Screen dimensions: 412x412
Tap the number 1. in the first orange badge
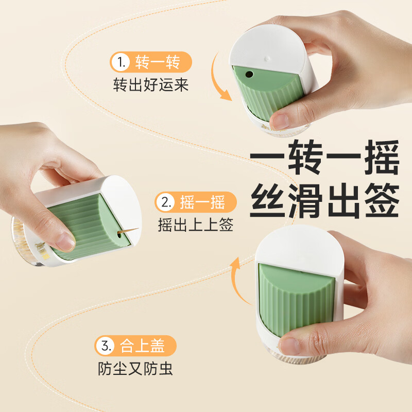click(x=122, y=63)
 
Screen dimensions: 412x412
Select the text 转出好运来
click(x=150, y=84)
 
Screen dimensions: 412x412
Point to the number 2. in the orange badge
click(x=166, y=202)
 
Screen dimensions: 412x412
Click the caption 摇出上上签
click(x=196, y=225)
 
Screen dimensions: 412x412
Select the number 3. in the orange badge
click(x=107, y=346)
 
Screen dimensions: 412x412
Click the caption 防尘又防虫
click(x=136, y=369)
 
